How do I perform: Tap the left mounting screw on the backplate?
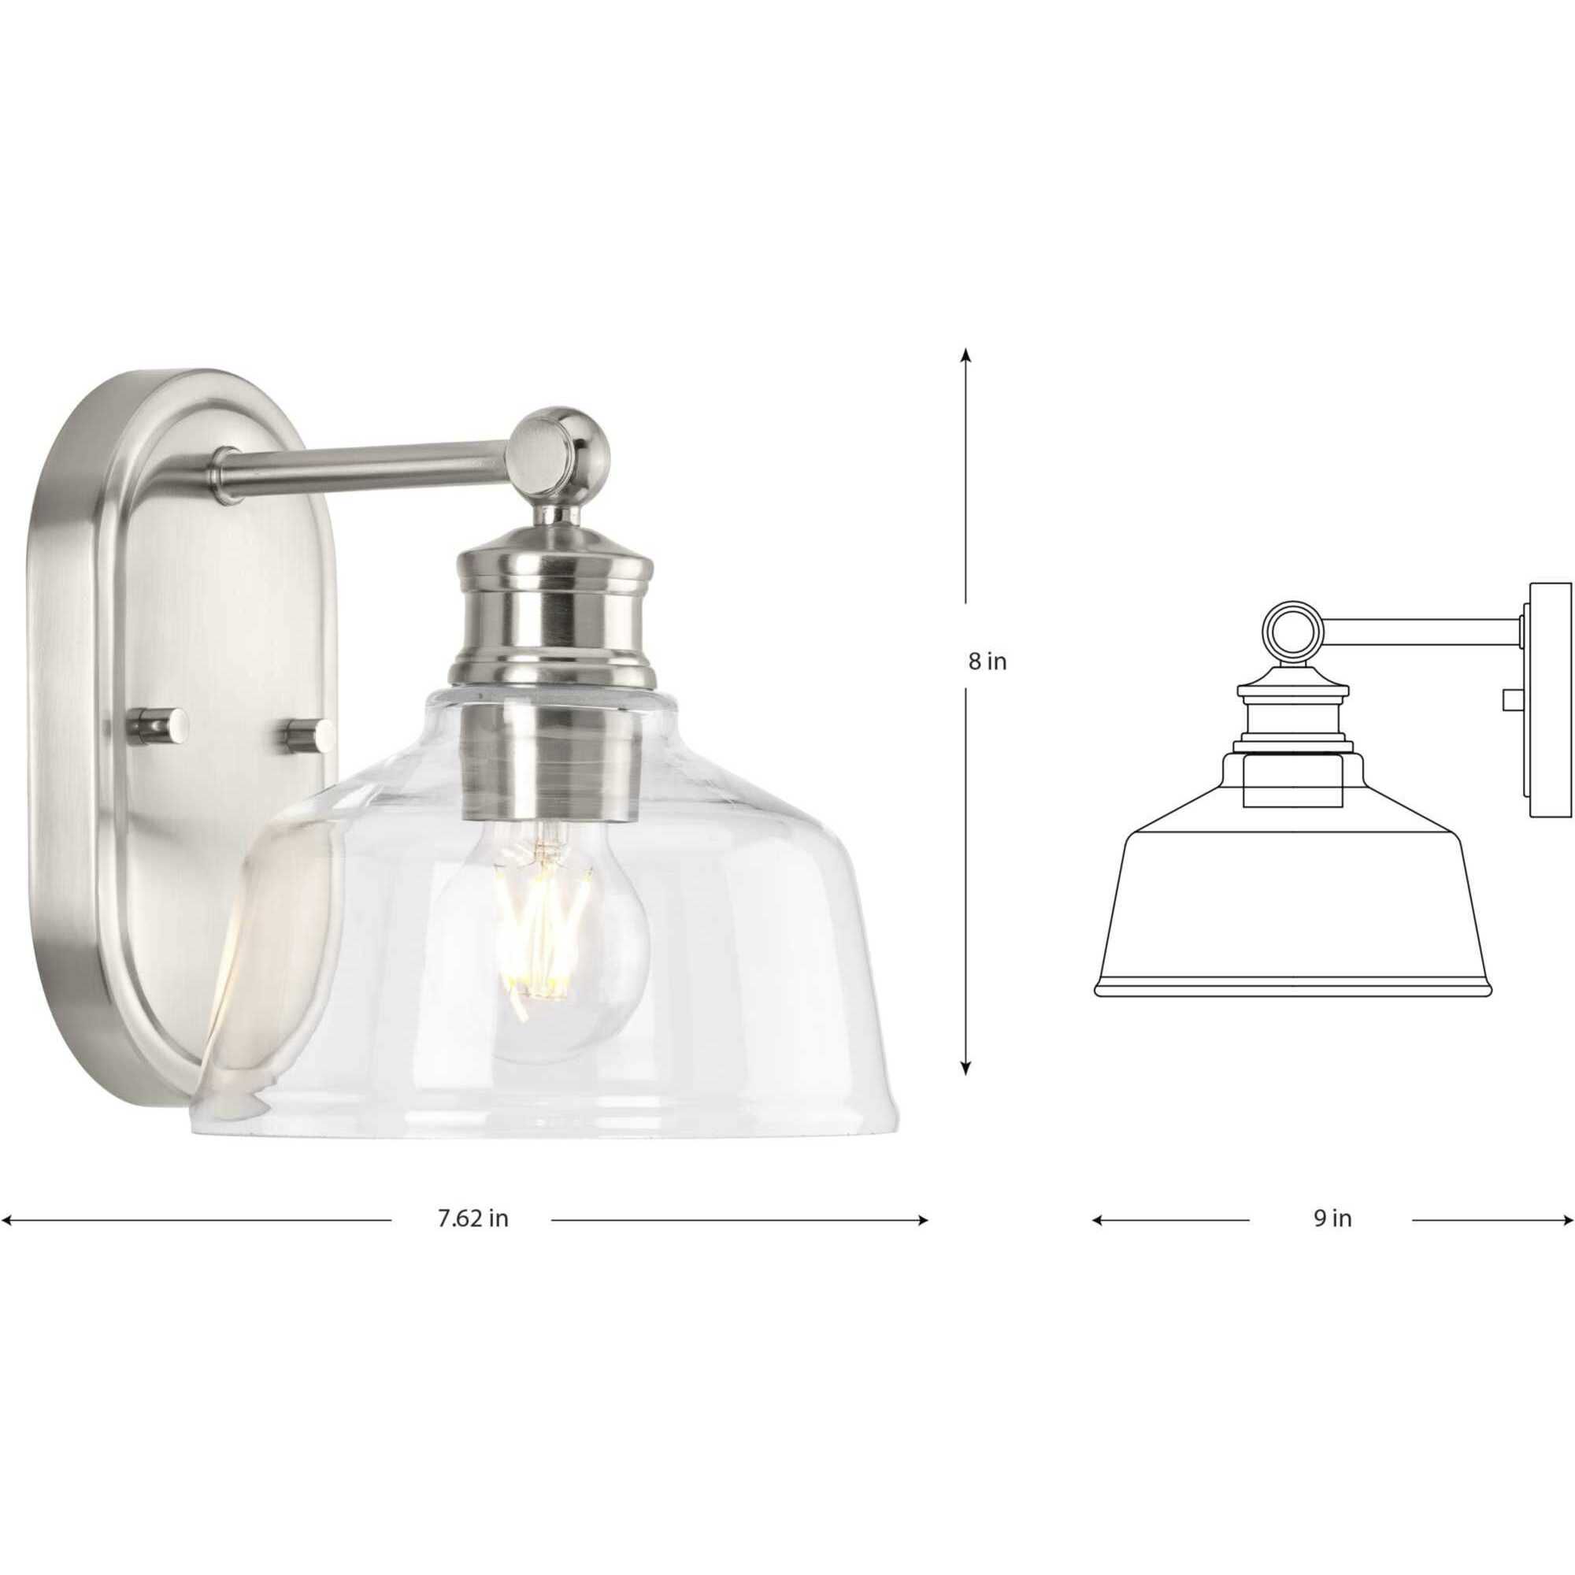[161, 724]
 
